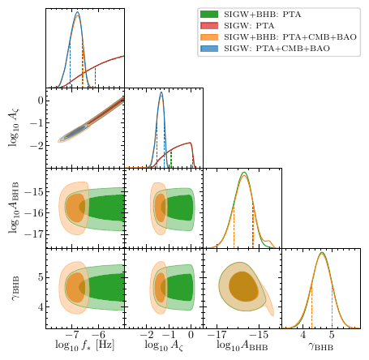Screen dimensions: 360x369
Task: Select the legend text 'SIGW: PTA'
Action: (253, 25)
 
